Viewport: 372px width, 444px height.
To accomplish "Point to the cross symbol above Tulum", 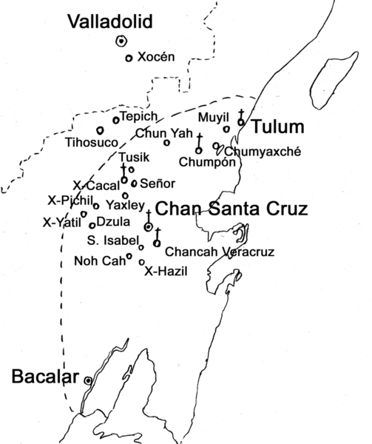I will (x=241, y=113).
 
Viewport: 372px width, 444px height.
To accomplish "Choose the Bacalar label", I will (x=45, y=378).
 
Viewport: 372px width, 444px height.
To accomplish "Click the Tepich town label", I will (x=138, y=117).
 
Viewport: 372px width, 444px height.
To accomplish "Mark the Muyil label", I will (x=211, y=117).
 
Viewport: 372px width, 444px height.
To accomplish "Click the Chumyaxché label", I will (x=263, y=152).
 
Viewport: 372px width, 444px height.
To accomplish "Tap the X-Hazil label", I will (x=166, y=272).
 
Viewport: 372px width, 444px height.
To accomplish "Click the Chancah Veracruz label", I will (x=220, y=252).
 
